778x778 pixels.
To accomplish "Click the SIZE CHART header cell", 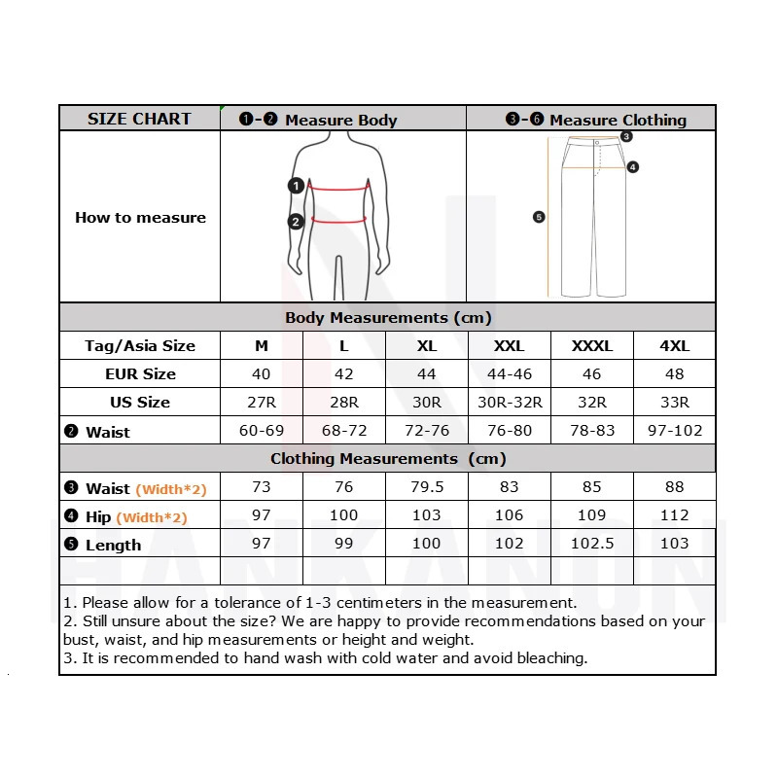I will [139, 119].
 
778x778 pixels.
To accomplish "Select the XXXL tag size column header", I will [591, 346].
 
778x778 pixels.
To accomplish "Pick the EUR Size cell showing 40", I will [261, 373].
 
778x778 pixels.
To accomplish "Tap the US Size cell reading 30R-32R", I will [509, 402].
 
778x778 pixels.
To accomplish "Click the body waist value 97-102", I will [674, 430].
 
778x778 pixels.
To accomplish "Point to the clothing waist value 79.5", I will [426, 487].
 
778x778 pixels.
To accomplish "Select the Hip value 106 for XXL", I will [509, 515].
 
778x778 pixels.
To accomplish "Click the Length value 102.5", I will [591, 544].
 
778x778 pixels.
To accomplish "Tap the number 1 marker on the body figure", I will [296, 186].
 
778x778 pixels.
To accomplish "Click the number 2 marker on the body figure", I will [296, 221].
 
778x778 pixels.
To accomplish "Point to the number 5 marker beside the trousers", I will [539, 217].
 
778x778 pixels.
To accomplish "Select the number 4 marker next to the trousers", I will [632, 167].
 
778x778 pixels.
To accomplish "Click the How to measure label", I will [140, 218].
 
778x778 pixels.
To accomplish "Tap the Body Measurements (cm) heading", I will [387, 318].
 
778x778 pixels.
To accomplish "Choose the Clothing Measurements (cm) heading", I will [387, 458].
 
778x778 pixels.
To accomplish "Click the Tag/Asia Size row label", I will [140, 346].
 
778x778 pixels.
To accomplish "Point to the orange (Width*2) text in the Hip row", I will [152, 517].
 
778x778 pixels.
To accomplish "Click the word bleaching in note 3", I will [552, 658].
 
